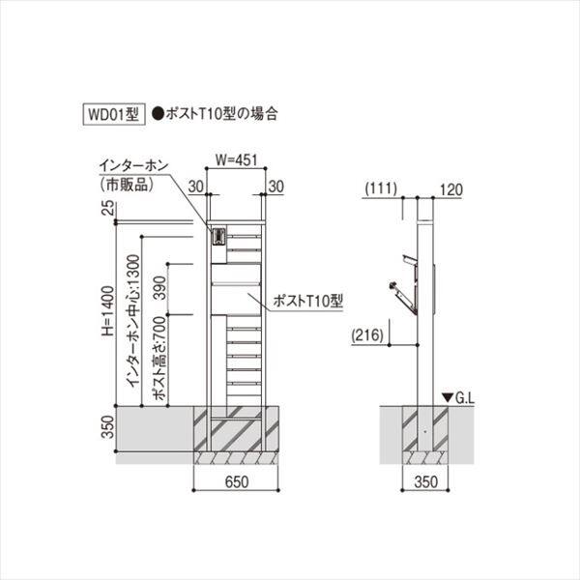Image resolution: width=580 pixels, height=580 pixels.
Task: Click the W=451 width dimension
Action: tap(235, 161)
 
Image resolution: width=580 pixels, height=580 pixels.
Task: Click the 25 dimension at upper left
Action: tap(107, 206)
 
